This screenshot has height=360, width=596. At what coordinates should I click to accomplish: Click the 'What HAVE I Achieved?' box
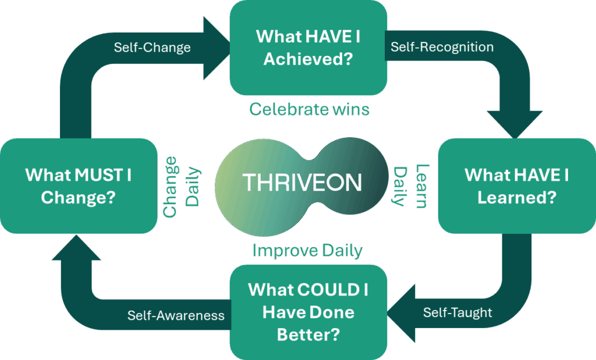point(308,48)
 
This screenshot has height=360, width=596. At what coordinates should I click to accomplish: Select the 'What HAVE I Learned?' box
point(517,186)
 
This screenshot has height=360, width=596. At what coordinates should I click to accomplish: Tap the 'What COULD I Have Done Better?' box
point(308,312)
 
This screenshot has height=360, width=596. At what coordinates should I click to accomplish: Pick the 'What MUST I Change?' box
point(79,186)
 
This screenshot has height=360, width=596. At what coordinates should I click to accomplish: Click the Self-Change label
point(152,48)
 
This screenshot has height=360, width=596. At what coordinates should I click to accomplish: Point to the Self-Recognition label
point(442,47)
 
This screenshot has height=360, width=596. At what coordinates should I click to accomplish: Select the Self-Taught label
point(457,312)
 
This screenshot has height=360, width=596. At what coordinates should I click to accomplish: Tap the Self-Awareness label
point(176,315)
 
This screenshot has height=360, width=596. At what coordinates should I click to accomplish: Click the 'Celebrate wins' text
point(310,109)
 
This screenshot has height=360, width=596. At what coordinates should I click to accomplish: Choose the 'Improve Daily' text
point(307,251)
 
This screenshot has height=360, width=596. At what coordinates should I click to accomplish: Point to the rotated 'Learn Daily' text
point(411,186)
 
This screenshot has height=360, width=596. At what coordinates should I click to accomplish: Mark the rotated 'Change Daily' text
point(181,187)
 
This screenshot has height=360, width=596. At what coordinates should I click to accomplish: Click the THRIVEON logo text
point(302,183)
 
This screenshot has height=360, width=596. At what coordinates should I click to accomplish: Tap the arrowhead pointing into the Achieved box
point(216,48)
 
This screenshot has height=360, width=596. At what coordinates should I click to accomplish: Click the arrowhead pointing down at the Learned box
point(515,124)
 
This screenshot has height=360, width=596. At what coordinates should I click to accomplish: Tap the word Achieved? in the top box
point(308,59)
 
